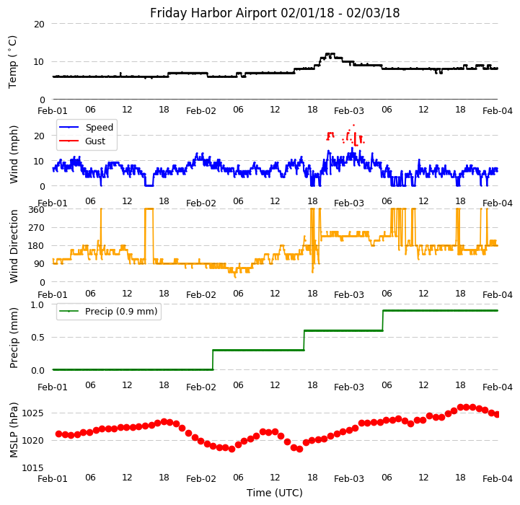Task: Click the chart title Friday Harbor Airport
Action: coord(275,13)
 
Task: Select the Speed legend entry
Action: coord(99,128)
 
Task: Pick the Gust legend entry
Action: coord(95,141)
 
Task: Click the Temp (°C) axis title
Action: coord(13,61)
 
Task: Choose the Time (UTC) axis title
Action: coord(275,493)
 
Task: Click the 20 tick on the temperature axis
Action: coord(39,24)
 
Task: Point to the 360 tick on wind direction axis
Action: coord(36,209)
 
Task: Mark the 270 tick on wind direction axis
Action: coord(36,228)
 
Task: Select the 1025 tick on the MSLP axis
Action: coord(32,413)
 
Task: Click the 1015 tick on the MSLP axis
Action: coord(32,467)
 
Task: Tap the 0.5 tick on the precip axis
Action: coord(37,337)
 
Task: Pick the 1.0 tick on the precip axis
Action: coord(37,304)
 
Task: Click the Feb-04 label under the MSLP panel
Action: coord(498,478)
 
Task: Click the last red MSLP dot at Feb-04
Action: coord(498,414)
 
